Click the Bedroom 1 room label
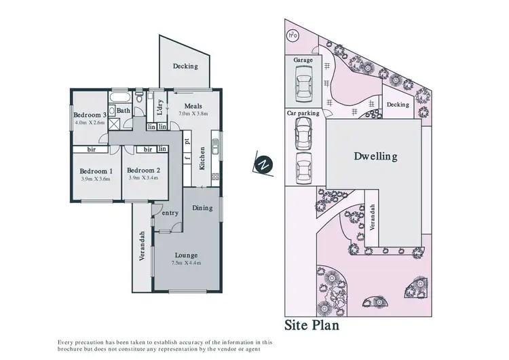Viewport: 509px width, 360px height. [95, 170]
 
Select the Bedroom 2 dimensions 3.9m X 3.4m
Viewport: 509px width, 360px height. [143, 178]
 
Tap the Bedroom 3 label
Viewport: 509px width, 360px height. [90, 115]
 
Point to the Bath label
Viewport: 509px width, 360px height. [123, 110]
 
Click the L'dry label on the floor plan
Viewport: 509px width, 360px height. [159, 111]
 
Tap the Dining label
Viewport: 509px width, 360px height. [202, 208]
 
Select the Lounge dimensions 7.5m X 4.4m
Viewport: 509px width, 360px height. [185, 263]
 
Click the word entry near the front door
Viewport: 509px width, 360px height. [170, 213]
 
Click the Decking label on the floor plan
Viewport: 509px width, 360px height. [185, 66]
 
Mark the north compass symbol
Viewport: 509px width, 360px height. [265, 164]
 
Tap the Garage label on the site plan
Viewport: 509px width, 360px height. [303, 60]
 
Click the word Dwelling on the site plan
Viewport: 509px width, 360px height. [375, 156]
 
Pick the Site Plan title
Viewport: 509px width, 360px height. [312, 325]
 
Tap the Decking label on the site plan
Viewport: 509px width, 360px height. [398, 105]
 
